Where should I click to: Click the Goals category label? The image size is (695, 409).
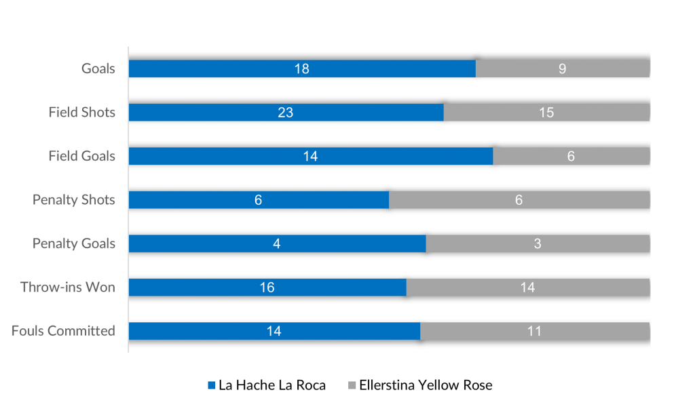98,69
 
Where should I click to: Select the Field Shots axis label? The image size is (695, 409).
81,113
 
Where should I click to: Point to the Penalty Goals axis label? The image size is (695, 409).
74,244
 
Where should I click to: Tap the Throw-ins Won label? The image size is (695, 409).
68,288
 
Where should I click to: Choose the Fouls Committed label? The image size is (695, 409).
63,331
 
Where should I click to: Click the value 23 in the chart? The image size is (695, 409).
285,113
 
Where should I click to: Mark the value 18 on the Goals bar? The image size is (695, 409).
301,69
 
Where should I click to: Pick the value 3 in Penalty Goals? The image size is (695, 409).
537,244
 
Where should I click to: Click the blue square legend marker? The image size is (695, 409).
212,385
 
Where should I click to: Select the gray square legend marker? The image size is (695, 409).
352,385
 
